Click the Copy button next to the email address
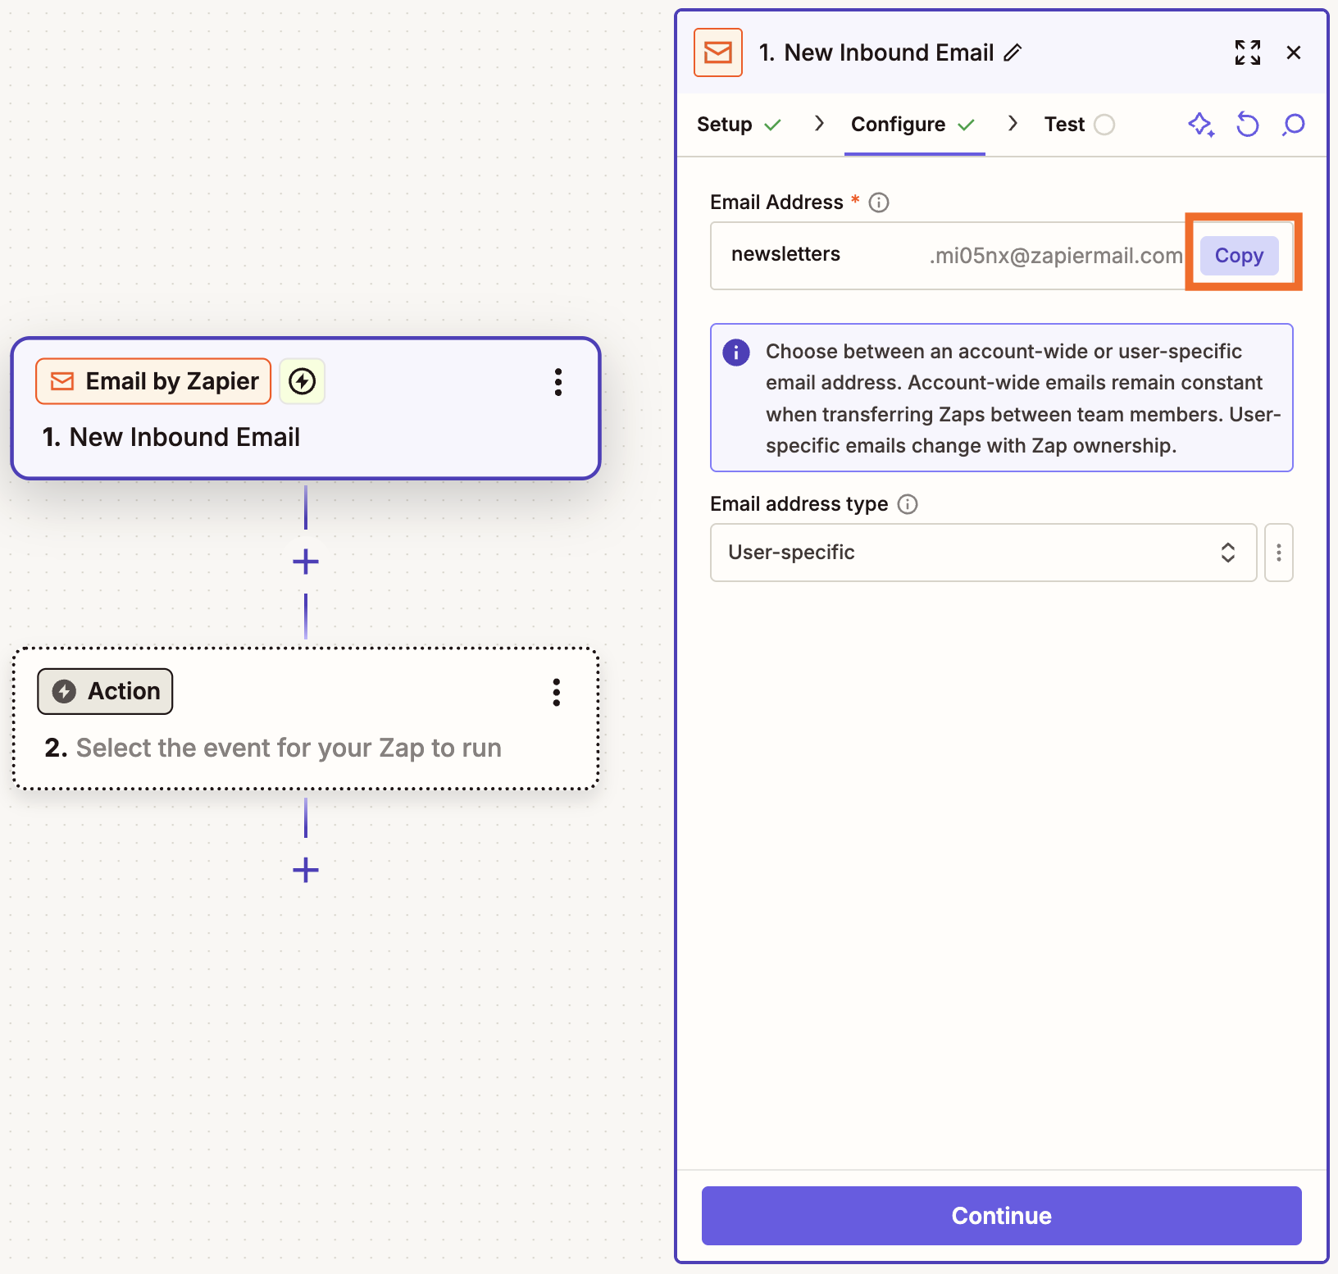(x=1238, y=256)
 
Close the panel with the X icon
(x=1294, y=52)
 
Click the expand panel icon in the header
(x=1247, y=52)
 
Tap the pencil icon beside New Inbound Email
(x=1013, y=52)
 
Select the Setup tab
(x=725, y=125)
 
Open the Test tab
(x=1064, y=125)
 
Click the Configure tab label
(x=898, y=125)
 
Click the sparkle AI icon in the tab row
(x=1201, y=125)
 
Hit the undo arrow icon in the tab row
(x=1247, y=125)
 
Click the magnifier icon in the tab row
(x=1294, y=125)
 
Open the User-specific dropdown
(x=982, y=553)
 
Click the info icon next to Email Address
(x=879, y=202)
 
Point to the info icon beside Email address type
(x=908, y=504)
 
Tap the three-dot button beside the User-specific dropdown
(x=1278, y=553)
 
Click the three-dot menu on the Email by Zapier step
(x=558, y=382)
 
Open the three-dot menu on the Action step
(x=557, y=693)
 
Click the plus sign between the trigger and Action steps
(x=306, y=562)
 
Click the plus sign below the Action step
(x=306, y=870)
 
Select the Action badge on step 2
(x=105, y=691)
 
